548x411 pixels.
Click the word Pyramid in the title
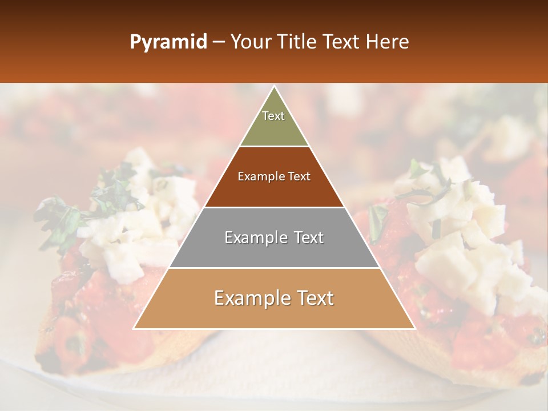[x=168, y=42]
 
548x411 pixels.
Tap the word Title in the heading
[x=299, y=42]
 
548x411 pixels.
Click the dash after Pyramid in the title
[x=219, y=42]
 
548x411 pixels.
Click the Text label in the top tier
[x=273, y=116]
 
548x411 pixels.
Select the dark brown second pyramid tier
[x=274, y=191]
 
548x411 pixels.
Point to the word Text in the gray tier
[x=307, y=237]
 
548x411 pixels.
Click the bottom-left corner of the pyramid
[x=134, y=329]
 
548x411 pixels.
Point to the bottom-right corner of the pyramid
[x=414, y=329]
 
